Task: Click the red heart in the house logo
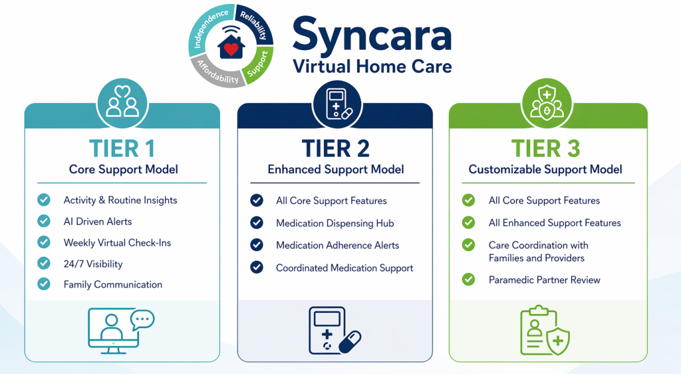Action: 231,49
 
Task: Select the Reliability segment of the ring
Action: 255,25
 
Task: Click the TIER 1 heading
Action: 122,148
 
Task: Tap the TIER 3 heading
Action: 545,148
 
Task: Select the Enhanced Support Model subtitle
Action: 336,170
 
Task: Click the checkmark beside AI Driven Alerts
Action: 43,221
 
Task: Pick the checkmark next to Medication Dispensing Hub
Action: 257,223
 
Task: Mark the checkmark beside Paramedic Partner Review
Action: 468,280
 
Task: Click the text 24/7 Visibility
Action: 93,264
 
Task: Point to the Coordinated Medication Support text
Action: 344,268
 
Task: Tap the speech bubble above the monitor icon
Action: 142,320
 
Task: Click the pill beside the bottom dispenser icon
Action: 350,342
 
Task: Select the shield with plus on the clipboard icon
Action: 558,341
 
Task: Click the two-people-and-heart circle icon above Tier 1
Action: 122,104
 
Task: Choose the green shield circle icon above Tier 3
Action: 547,104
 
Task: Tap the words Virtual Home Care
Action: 372,67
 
